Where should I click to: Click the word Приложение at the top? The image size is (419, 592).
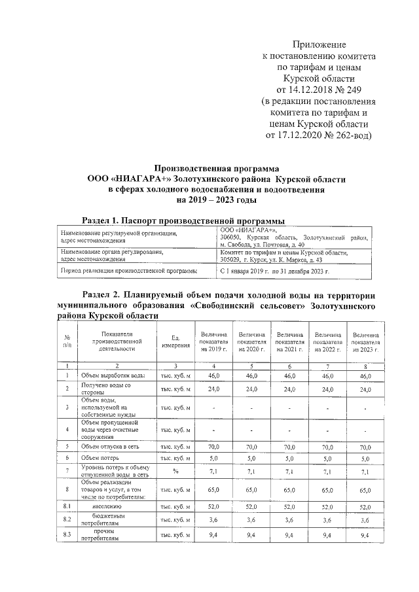pos(318,44)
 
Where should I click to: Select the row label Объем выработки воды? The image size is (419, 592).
pos(113,375)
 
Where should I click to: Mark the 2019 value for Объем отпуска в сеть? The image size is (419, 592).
pos(213,445)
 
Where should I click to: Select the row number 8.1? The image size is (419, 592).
pos(67,507)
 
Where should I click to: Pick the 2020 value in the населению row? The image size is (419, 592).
pos(251,507)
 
